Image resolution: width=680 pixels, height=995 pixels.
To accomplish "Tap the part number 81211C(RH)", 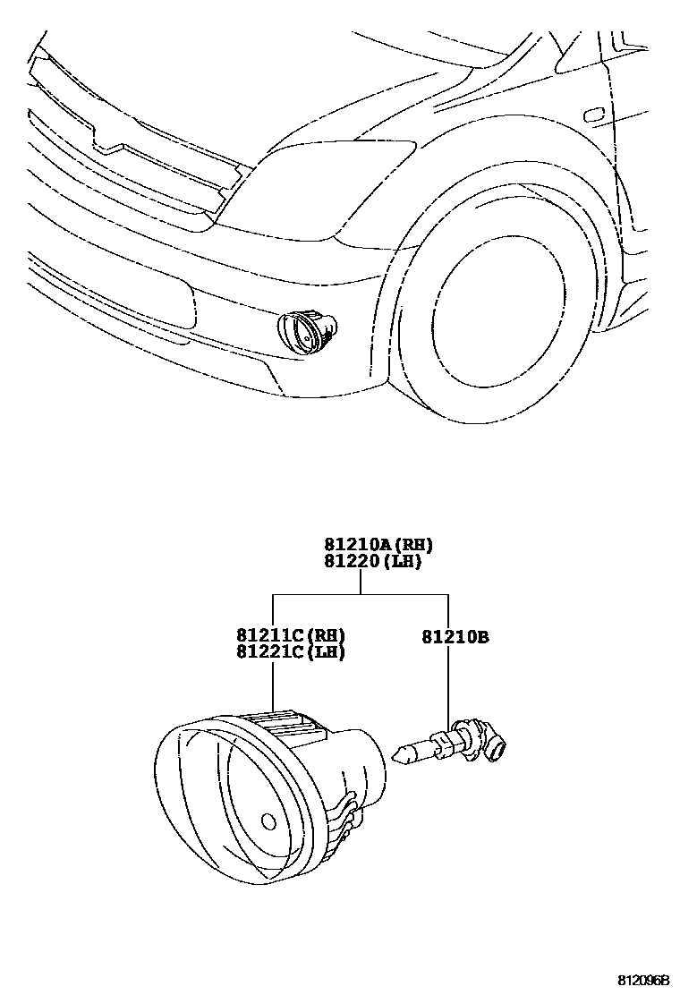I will coord(291,635).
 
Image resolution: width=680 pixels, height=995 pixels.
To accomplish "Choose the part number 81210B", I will coord(455,638).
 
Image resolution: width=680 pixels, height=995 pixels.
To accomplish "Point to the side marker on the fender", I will coord(592,115).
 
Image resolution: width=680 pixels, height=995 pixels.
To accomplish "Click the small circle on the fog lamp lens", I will coord(268,821).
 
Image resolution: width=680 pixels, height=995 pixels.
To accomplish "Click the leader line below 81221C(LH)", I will coord(272,684).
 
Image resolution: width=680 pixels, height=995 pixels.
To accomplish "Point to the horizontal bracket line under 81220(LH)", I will coord(360,594).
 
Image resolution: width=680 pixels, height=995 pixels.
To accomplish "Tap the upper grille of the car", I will coord(134,134).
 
